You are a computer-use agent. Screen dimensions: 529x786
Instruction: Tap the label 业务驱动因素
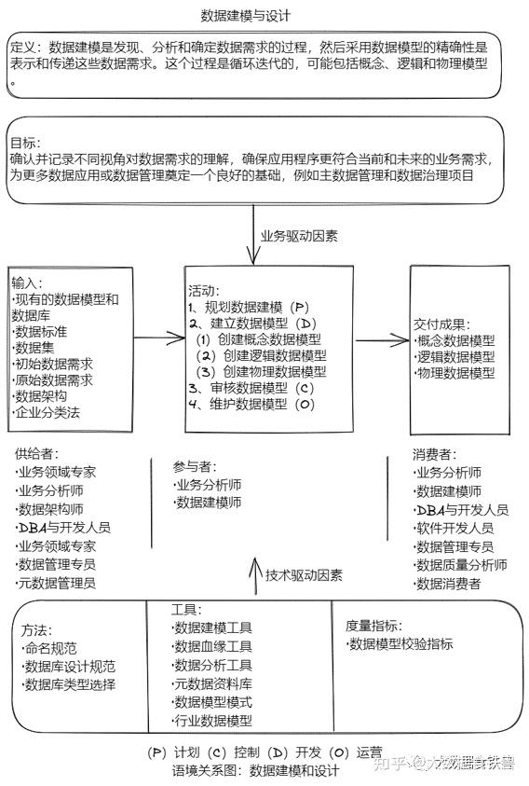(299, 235)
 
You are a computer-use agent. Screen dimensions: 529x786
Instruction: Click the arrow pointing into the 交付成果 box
(381, 340)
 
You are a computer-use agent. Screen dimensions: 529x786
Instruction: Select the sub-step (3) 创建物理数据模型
(262, 371)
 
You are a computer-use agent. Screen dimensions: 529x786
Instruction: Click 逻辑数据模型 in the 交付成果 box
(454, 357)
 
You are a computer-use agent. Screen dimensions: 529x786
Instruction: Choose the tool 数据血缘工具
(211, 646)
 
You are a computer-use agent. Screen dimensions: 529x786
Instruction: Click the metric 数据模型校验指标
(400, 644)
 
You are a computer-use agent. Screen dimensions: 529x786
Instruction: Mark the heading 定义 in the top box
(26, 47)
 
